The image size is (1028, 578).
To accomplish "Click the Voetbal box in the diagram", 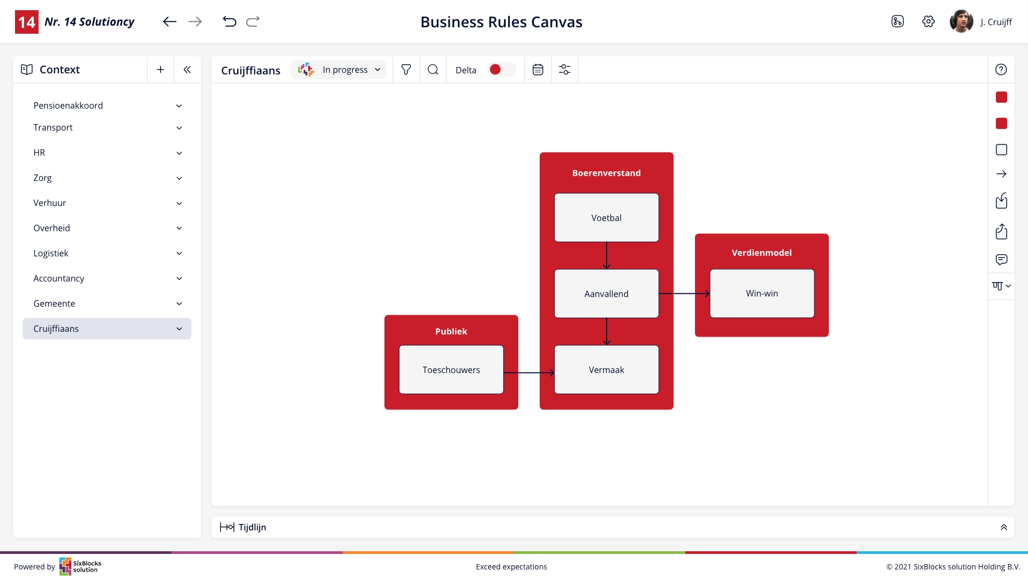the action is point(606,218).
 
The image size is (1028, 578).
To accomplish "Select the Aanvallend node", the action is point(606,294).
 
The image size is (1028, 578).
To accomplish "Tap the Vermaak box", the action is point(606,370).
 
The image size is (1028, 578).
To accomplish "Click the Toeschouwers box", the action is point(451,370).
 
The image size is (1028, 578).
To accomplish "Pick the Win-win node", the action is point(762,293).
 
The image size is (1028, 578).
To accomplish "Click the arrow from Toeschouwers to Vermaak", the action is point(529,372).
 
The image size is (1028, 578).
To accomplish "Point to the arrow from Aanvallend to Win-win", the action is point(684,293).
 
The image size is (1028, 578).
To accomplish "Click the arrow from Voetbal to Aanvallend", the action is point(607,256).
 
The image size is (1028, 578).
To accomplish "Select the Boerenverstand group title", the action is point(606,173).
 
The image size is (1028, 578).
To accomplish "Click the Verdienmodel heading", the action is point(761,253).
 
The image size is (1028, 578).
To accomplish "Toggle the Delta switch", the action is point(502,70).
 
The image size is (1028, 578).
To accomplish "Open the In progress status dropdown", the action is point(338,70).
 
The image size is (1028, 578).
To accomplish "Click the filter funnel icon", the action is point(406,70).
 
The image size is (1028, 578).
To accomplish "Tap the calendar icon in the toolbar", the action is point(538,70).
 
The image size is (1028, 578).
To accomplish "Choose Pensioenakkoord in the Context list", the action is point(68,105).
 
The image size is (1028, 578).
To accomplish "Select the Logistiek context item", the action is point(51,253).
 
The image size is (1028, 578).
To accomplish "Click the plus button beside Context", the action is point(160,70).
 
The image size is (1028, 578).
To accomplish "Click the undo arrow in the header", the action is point(229,21).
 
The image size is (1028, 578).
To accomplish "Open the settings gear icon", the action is point(928,21).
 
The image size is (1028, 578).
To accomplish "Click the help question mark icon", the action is point(1001,70).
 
